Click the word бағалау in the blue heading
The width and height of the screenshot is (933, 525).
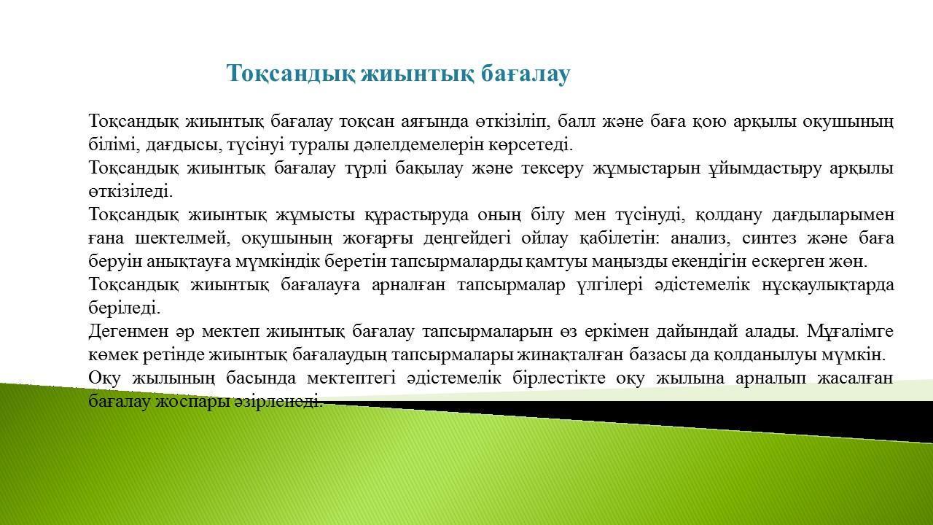pyautogui.click(x=526, y=74)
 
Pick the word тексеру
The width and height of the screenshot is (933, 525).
pyautogui.click(x=553, y=168)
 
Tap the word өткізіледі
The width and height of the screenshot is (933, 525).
pyautogui.click(x=130, y=192)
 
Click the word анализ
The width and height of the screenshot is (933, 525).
pyautogui.click(x=700, y=238)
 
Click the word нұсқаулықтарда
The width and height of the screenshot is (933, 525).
pyautogui.click(x=828, y=285)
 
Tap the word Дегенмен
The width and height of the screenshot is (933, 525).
pyautogui.click(x=128, y=332)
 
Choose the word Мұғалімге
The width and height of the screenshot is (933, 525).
pyautogui.click(x=850, y=332)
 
